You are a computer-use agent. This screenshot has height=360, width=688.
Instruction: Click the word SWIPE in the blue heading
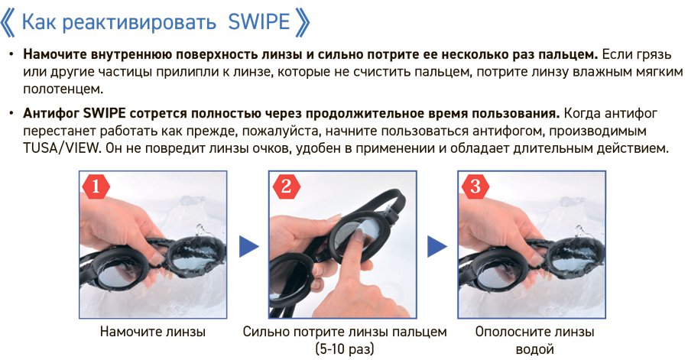259,21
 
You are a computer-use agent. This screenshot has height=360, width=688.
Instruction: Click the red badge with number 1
96,187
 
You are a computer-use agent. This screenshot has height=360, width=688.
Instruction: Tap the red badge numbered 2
286,187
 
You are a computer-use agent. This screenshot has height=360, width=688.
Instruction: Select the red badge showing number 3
475,187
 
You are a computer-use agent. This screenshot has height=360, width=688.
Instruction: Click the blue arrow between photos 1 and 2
248,246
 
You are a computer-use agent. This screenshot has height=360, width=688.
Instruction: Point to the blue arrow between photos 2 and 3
437,246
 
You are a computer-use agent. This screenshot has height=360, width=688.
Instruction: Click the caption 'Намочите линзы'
153,332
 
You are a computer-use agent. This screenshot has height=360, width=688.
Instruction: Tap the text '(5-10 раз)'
345,349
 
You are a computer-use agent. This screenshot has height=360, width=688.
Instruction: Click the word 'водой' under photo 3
534,349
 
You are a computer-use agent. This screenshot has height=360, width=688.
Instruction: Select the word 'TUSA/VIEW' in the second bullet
61,148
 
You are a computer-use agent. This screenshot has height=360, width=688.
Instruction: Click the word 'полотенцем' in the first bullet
63,89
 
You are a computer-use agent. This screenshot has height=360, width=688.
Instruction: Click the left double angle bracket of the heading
8,23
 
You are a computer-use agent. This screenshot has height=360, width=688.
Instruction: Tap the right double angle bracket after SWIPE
303,23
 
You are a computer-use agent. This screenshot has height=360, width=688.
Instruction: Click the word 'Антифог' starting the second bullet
51,113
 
